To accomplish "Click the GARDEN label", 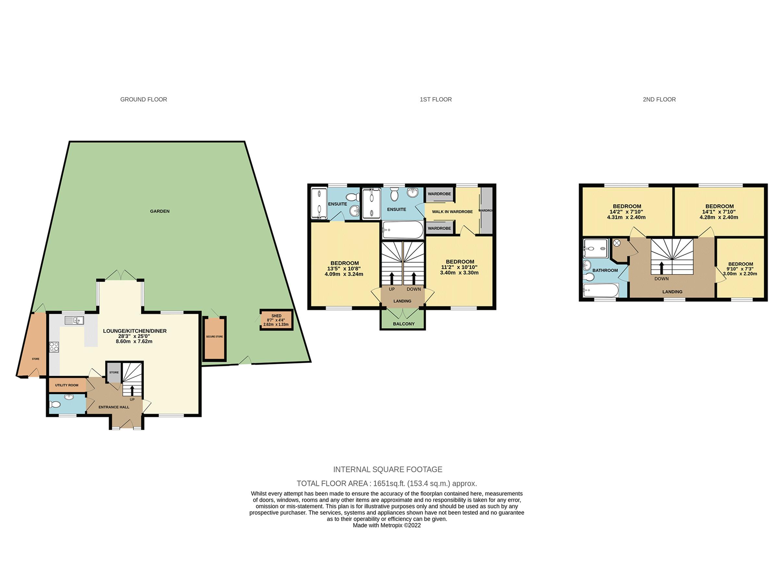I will (160, 211).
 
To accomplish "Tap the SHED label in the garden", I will (276, 316).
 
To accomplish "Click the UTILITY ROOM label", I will (67, 385).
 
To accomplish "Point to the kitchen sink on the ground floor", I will (74, 320).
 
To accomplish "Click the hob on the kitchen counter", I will (55, 347).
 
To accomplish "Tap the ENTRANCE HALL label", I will (114, 407).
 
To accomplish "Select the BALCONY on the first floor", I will (403, 323).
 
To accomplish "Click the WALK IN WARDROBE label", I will (452, 212).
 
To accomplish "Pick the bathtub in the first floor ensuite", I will (402, 231).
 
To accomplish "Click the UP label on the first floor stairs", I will (392, 289).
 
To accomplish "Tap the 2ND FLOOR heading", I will (659, 100).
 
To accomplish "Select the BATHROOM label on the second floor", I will (605, 270).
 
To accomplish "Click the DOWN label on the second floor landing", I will (662, 278).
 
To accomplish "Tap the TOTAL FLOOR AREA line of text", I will (387, 483).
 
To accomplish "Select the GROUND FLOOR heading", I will (144, 100).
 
